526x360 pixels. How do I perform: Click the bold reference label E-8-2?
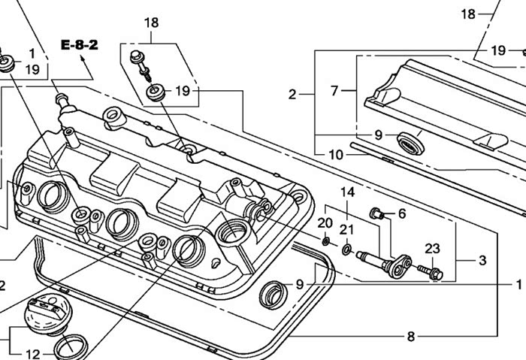click(79, 45)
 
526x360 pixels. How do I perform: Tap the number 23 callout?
click(432, 249)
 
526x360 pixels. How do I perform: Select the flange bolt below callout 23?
click(431, 272)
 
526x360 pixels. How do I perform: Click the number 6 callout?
click(402, 213)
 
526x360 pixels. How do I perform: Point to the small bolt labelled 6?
click(376, 213)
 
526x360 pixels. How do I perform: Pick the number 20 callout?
click(325, 222)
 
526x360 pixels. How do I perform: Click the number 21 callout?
click(346, 230)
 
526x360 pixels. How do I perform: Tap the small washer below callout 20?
click(325, 241)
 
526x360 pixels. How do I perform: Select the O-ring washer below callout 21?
click(346, 250)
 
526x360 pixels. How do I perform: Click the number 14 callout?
click(347, 192)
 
